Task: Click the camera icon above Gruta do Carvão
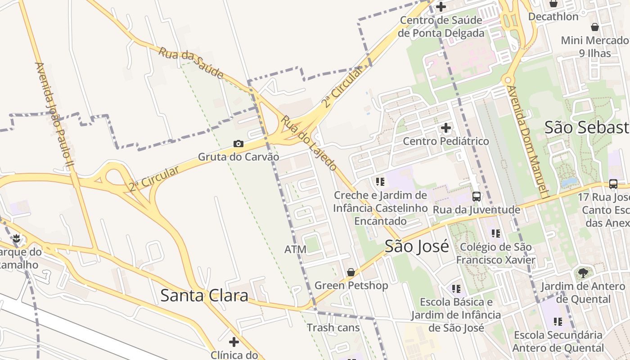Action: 238,144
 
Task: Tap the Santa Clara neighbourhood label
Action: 204,296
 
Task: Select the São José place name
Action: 417,247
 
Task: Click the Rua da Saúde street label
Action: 191,62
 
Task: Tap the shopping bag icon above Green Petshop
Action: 351,272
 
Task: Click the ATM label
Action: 296,249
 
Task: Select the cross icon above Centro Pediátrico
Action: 446,128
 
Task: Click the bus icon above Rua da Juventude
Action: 477,197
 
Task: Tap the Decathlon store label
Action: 553,17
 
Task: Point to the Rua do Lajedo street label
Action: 309,143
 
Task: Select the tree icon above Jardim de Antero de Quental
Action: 583,273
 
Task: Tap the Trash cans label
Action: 333,328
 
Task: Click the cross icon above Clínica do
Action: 234,342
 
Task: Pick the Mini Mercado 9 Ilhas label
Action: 594,47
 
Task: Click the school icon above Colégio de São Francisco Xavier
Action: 496,234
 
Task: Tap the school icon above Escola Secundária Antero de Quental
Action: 558,321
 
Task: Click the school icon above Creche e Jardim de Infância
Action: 380,182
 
